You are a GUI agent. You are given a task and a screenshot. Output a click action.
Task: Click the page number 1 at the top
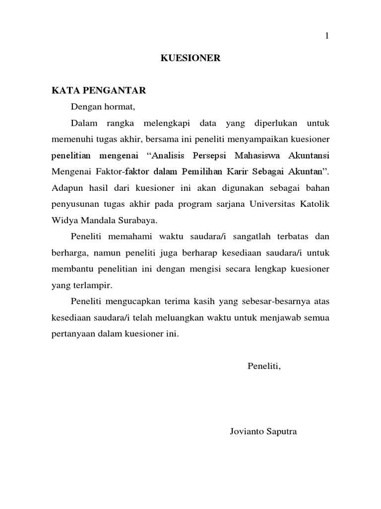click(x=327, y=36)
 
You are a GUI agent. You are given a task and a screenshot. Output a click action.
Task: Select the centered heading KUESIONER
click(x=190, y=59)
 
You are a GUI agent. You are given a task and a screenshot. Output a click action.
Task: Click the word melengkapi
click(x=162, y=122)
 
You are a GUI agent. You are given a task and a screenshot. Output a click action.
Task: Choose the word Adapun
click(x=65, y=187)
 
